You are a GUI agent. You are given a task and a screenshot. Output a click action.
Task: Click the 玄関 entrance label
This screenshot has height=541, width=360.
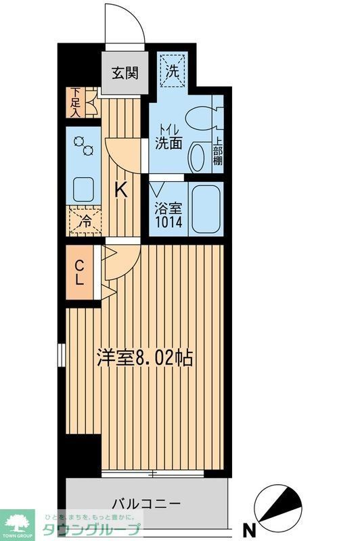(x=125, y=72)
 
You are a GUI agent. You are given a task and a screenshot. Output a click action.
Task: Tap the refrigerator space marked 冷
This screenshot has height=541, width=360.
(x=84, y=221)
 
